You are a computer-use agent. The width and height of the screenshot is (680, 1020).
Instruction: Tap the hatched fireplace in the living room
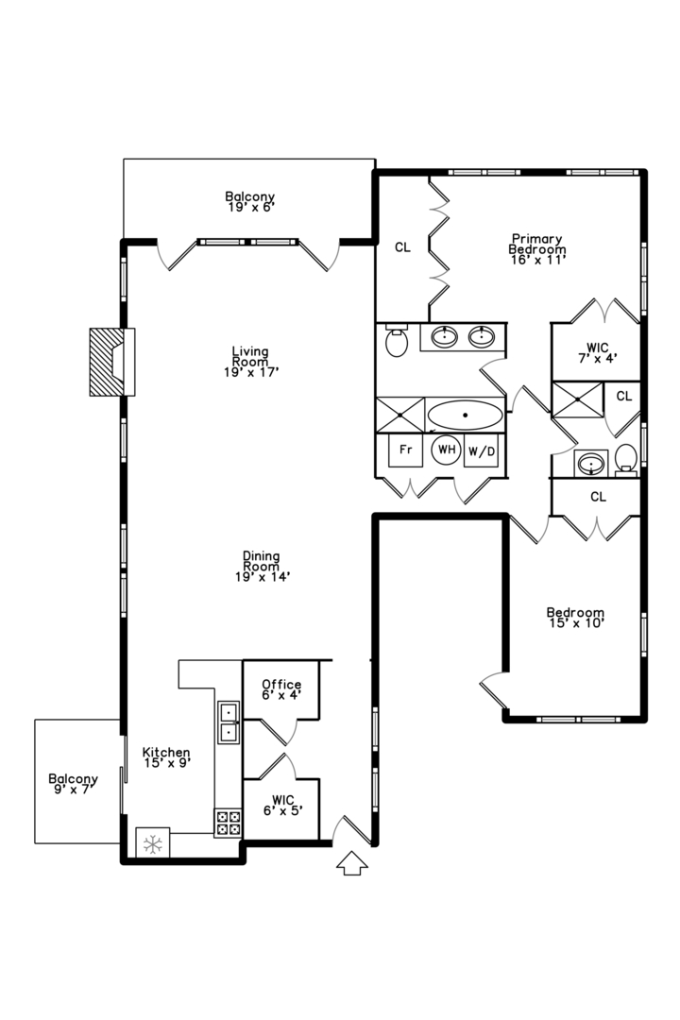pyautogui.click(x=107, y=361)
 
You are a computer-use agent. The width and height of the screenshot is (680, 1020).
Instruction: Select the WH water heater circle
pyautogui.click(x=446, y=450)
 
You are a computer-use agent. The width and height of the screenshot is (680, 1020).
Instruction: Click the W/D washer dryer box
pyautogui.click(x=482, y=451)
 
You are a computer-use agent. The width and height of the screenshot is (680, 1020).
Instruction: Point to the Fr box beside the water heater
pyautogui.click(x=405, y=450)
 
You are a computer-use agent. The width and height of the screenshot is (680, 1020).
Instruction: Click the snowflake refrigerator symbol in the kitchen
pyautogui.click(x=152, y=843)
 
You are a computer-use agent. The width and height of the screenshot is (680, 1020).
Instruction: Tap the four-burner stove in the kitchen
pyautogui.click(x=228, y=822)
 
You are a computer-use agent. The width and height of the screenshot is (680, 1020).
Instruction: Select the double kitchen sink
pyautogui.click(x=229, y=722)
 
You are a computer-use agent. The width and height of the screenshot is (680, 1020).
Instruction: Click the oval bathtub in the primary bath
pyautogui.click(x=465, y=416)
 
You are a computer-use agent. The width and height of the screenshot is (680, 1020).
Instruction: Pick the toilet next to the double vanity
pyautogui.click(x=397, y=342)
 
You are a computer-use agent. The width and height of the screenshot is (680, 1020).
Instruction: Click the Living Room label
pyautogui.click(x=250, y=362)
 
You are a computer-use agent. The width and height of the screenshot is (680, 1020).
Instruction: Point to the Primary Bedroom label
pyautogui.click(x=536, y=249)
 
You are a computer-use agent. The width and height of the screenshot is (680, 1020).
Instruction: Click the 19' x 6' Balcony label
pyautogui.click(x=250, y=201)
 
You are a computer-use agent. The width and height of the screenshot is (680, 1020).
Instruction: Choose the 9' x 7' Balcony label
pyautogui.click(x=73, y=785)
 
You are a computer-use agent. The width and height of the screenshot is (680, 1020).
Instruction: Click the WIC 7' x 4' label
pyautogui.click(x=596, y=352)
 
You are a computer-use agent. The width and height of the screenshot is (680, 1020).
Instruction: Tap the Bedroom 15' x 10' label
pyautogui.click(x=575, y=617)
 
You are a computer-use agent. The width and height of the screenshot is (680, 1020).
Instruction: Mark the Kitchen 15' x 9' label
pyautogui.click(x=166, y=757)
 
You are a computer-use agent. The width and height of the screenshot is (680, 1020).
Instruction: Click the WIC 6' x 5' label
pyautogui.click(x=281, y=805)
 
